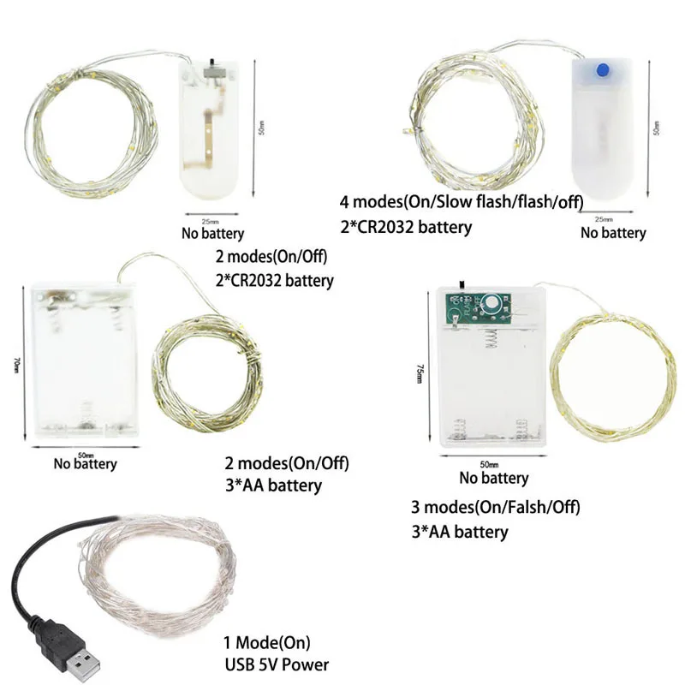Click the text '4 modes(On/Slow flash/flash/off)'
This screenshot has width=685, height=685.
point(461,204)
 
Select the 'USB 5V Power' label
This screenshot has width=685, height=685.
point(276,664)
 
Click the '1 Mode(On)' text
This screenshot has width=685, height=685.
point(266,643)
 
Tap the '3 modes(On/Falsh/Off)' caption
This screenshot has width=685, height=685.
point(496,507)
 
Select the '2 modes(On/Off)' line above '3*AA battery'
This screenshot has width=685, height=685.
point(287,464)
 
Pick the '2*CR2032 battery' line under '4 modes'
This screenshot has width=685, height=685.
point(406,227)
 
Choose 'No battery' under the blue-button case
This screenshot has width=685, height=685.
point(613,232)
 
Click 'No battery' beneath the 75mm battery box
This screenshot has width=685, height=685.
point(494,478)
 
